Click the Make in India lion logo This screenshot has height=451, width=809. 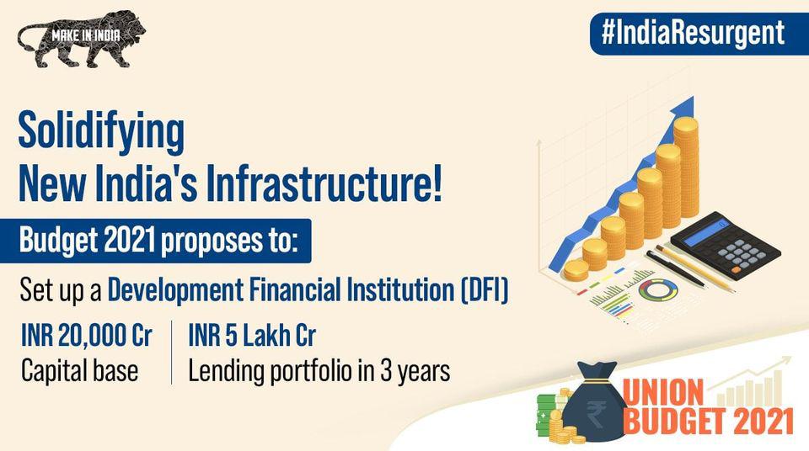81,39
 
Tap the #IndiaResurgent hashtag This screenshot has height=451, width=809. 693,33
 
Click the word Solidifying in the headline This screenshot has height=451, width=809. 101,132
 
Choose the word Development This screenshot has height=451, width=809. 175,290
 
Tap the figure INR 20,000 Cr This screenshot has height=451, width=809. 86,336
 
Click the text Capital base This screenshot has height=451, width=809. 79,370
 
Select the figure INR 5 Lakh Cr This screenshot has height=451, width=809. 252,336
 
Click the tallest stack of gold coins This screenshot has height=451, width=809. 686,166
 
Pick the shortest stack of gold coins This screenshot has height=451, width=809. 576,270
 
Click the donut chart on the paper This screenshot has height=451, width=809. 658,290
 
